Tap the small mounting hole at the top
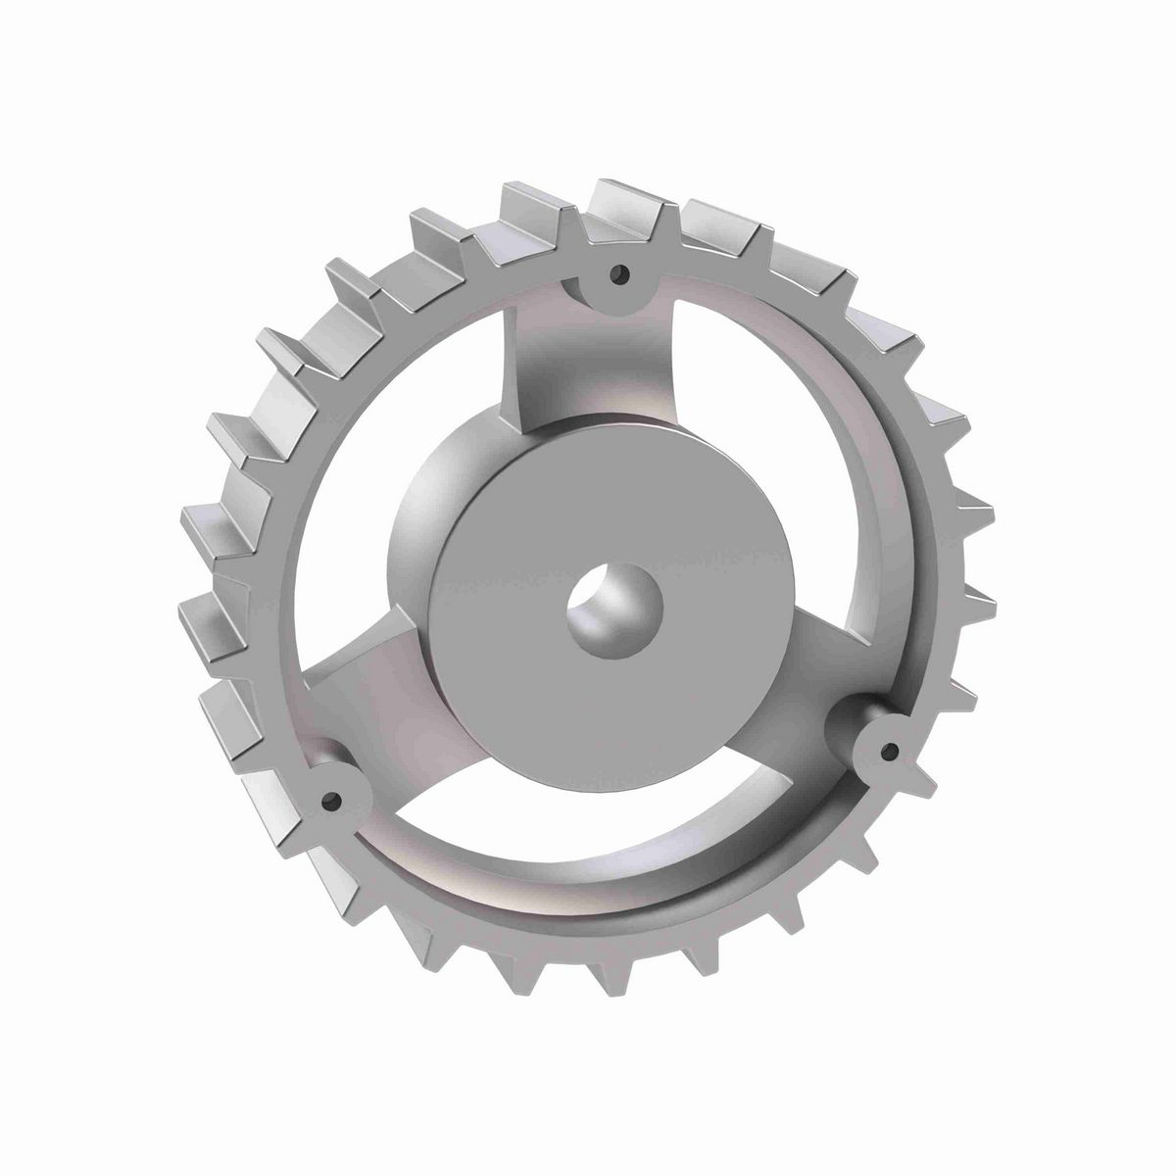(616, 274)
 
